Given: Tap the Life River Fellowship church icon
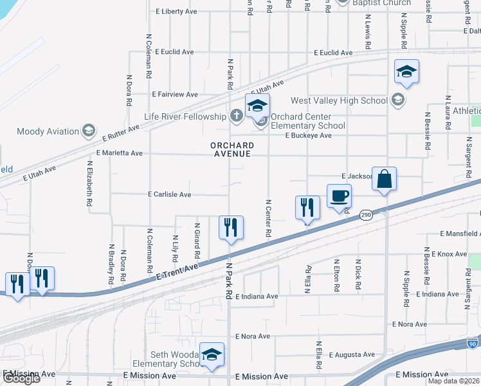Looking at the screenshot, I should click(x=237, y=116).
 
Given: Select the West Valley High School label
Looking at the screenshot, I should click(x=339, y=100).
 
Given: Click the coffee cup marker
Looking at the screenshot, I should click(x=339, y=196).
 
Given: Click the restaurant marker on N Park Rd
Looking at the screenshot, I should click(x=231, y=228).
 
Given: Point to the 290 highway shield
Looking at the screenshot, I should click(x=366, y=216).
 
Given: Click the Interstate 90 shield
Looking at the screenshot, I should click(x=473, y=344).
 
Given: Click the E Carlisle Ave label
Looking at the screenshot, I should click(x=170, y=194).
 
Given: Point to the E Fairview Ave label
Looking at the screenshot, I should click(x=175, y=95).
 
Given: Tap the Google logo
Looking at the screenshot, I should click(x=21, y=378).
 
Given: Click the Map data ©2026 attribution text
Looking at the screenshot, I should click(x=453, y=381).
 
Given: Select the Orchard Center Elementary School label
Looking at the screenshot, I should click(x=307, y=122).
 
